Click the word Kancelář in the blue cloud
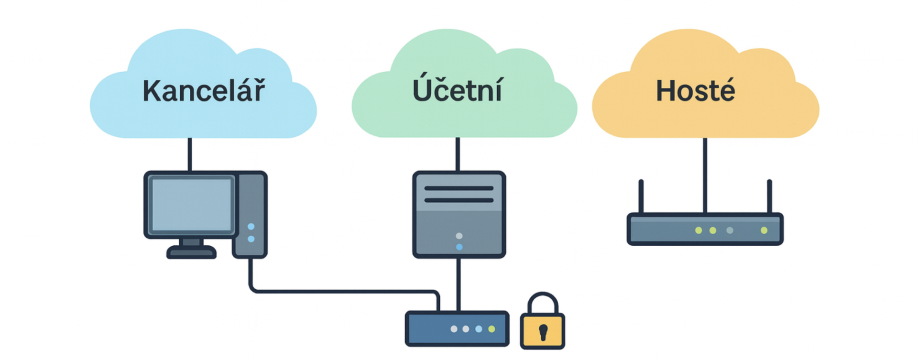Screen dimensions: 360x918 pos(204,91)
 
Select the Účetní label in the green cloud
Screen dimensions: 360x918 pos(457,89)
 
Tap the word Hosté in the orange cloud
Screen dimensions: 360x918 pos(695,91)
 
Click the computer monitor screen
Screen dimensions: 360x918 pos(191,205)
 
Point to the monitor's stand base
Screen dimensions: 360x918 pos(191,252)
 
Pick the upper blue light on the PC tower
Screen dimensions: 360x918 pos(251,227)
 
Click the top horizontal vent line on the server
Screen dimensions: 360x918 pos(459,188)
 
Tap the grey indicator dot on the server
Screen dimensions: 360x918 pos(459,236)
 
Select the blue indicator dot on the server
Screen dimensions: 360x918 pos(459,247)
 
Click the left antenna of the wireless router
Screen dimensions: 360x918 pos(641,196)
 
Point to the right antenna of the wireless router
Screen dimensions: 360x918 pos(769,196)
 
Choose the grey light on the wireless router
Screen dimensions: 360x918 pos(730,230)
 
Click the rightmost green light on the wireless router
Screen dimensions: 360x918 pos(764,230)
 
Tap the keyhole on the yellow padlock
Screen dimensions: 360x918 pos(543,332)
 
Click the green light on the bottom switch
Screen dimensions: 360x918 pos(492,329)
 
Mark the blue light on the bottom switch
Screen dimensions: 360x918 pos(479,329)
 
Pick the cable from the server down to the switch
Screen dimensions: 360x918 pos(459,284)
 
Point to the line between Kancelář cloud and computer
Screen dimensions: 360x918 pos(190,154)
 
